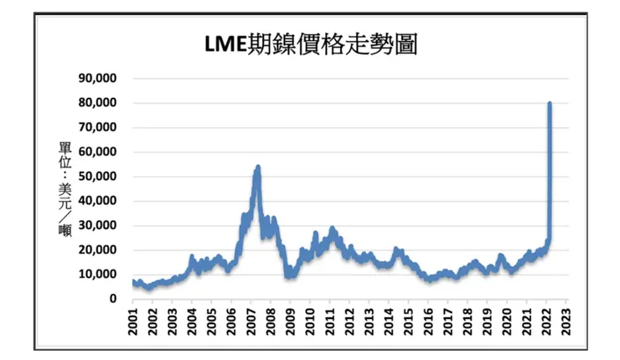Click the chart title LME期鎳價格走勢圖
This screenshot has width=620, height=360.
311,45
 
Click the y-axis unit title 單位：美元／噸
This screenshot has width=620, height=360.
64,189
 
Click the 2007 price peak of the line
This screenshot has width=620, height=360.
258,167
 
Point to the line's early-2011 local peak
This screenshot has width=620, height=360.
332,227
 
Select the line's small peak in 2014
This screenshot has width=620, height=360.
396,249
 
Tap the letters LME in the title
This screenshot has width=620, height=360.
225,45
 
